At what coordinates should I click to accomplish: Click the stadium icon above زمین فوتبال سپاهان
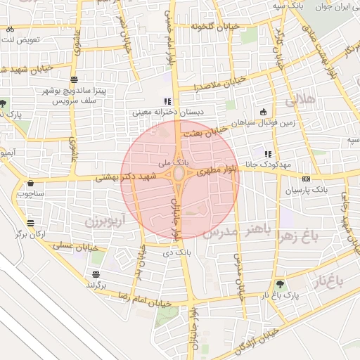pyautogui.click(x=264, y=111)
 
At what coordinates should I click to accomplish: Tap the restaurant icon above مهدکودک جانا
pyautogui.click(x=268, y=154)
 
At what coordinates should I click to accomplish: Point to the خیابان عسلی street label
pyautogui.click(x=73, y=245)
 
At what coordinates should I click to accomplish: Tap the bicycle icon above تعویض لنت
pyautogui.click(x=11, y=30)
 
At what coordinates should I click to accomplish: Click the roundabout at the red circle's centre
pyautogui.click(x=180, y=174)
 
